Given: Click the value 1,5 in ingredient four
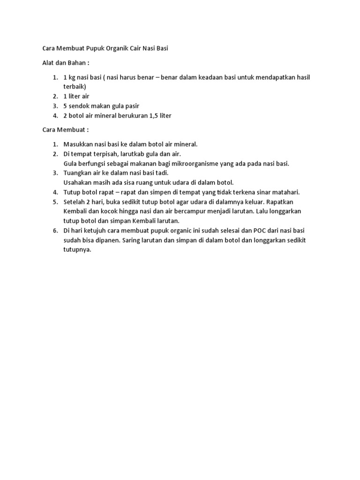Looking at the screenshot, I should coord(152,115).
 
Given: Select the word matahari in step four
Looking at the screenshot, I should coord(285,192).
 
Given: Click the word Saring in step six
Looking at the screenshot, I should coord(152,240).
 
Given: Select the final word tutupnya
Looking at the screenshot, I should coord(77,250).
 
